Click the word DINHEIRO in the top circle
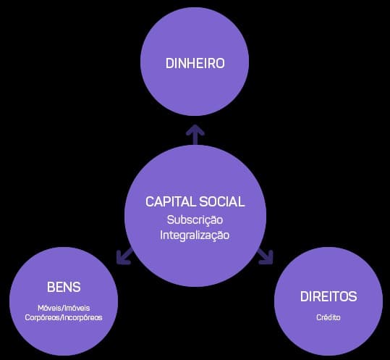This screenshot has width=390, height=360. (195, 63)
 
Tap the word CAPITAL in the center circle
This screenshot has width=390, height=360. (170, 201)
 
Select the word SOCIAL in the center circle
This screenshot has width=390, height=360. (221, 201)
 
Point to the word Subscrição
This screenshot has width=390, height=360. (195, 219)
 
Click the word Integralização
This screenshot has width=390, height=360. (195, 235)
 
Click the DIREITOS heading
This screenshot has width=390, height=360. (328, 297)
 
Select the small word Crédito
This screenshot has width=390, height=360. (328, 317)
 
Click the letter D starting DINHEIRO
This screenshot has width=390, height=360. (169, 63)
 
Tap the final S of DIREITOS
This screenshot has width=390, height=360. (353, 297)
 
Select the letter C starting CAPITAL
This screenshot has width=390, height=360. (150, 201)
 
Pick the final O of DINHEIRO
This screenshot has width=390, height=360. (220, 63)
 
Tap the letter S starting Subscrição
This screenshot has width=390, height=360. (171, 219)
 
